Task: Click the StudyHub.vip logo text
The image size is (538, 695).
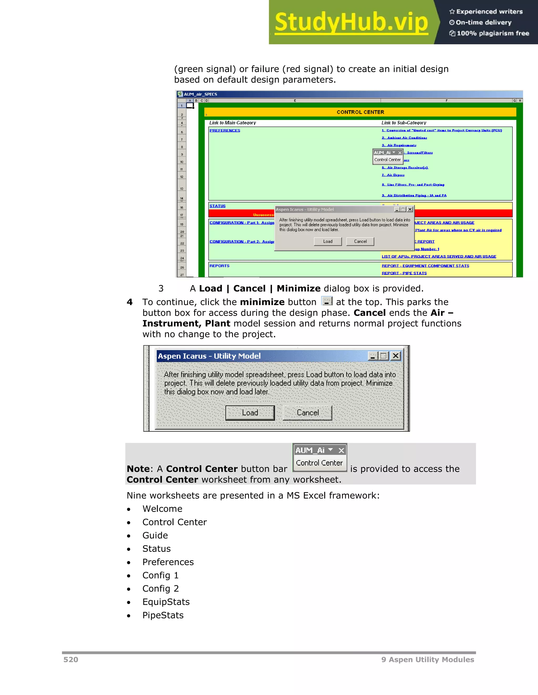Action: (351, 22)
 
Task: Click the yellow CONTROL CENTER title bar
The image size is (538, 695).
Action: (360, 112)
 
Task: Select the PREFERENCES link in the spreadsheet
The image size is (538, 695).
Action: (225, 130)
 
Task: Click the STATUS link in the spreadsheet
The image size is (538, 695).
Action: (217, 206)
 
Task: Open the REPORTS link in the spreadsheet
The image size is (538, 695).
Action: (219, 266)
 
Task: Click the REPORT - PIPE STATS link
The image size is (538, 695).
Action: (404, 273)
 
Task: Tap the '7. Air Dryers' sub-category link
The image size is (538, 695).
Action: (393, 175)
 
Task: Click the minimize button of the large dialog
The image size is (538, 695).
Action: (373, 356)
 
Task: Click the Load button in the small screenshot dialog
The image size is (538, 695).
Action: (328, 242)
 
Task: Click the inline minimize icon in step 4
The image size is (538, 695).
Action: (327, 301)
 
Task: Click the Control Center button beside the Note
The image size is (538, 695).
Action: (319, 463)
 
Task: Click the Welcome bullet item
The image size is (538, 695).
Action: (162, 509)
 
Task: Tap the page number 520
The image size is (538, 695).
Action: (71, 660)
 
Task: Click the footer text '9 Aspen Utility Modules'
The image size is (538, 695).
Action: (427, 660)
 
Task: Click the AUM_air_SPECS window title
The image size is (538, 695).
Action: (200, 94)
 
